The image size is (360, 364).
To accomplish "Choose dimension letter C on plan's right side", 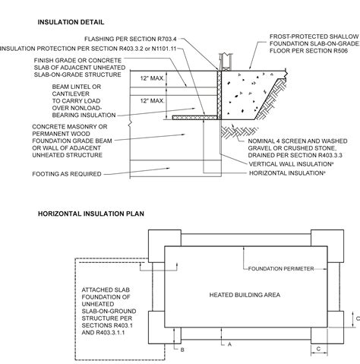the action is click(357, 319).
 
